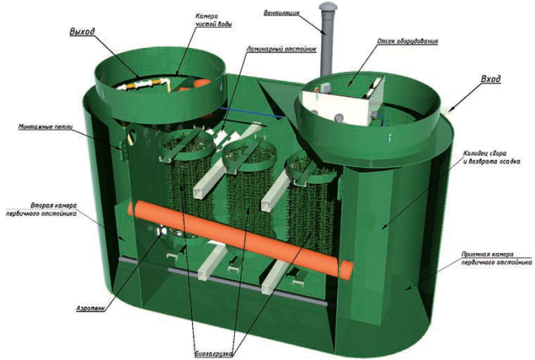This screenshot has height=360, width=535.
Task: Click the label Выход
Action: pyautogui.click(x=82, y=32)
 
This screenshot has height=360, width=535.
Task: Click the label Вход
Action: pyautogui.click(x=490, y=79)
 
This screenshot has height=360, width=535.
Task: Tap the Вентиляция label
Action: pyautogui.click(x=281, y=13)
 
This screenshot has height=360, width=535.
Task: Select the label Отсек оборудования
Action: pyautogui.click(x=408, y=41)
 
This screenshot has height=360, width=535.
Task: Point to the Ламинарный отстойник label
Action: pyautogui.click(x=281, y=49)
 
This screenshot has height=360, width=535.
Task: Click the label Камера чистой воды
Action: pyautogui.click(x=214, y=20)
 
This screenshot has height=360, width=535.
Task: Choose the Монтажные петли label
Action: pyautogui.click(x=45, y=127)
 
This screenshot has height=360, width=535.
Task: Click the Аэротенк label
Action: pyautogui.click(x=90, y=309)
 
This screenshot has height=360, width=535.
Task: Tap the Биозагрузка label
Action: pyautogui.click(x=214, y=354)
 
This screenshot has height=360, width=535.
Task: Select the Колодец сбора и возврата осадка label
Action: pyautogui.click(x=491, y=157)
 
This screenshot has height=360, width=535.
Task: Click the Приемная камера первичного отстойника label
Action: pyautogui.click(x=496, y=259)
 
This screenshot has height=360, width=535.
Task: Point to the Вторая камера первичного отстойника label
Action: pyautogui.click(x=41, y=209)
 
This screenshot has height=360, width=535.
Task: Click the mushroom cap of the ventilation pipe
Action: pyautogui.click(x=328, y=6)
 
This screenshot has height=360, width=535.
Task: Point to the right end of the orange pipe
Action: pyautogui.click(x=346, y=270)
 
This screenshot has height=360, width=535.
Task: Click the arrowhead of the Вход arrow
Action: pyautogui.click(x=450, y=109)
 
